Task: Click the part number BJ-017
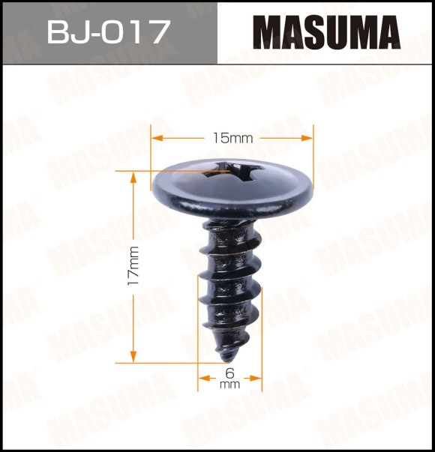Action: tap(107, 31)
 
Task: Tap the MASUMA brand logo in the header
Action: tap(327, 32)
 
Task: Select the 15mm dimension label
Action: tap(232, 139)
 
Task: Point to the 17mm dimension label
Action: tap(133, 265)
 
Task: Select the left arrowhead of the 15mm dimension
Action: tap(157, 138)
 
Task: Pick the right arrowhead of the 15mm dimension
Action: tap(307, 138)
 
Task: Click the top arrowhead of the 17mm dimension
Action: tap(133, 178)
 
